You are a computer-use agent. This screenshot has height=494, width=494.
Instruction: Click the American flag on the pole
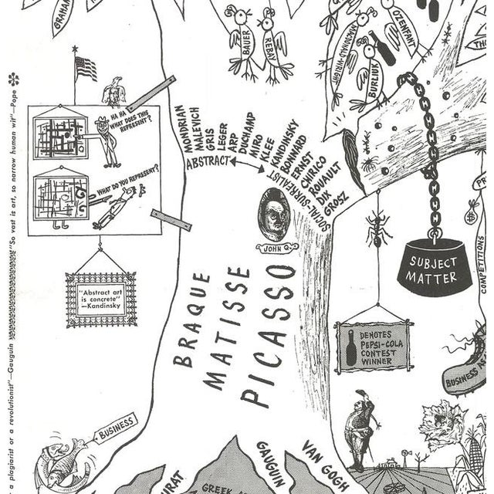[86, 69]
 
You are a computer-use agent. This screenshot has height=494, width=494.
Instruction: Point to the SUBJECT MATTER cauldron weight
[434, 266]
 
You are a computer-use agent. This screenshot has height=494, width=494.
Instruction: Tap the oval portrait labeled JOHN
[274, 215]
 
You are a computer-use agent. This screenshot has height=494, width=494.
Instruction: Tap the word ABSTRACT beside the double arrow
[206, 163]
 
